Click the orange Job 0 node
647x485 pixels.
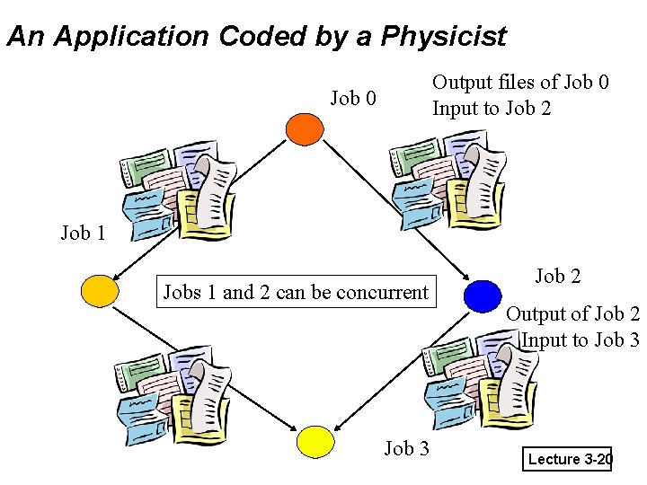[304, 128]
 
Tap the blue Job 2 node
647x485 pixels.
[483, 295]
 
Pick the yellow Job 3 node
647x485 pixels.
[315, 441]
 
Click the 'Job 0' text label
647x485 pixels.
[353, 98]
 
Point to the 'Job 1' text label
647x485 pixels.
[83, 234]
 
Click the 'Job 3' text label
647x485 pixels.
[406, 448]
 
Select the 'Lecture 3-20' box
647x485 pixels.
[569, 460]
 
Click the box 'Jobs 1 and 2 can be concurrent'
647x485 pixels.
[296, 292]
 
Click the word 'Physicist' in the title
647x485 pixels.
[444, 37]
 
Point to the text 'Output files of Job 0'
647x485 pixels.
[520, 83]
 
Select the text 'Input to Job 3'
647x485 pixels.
[580, 339]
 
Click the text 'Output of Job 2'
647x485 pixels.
[572, 313]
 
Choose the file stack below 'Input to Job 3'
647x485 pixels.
[481, 382]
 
